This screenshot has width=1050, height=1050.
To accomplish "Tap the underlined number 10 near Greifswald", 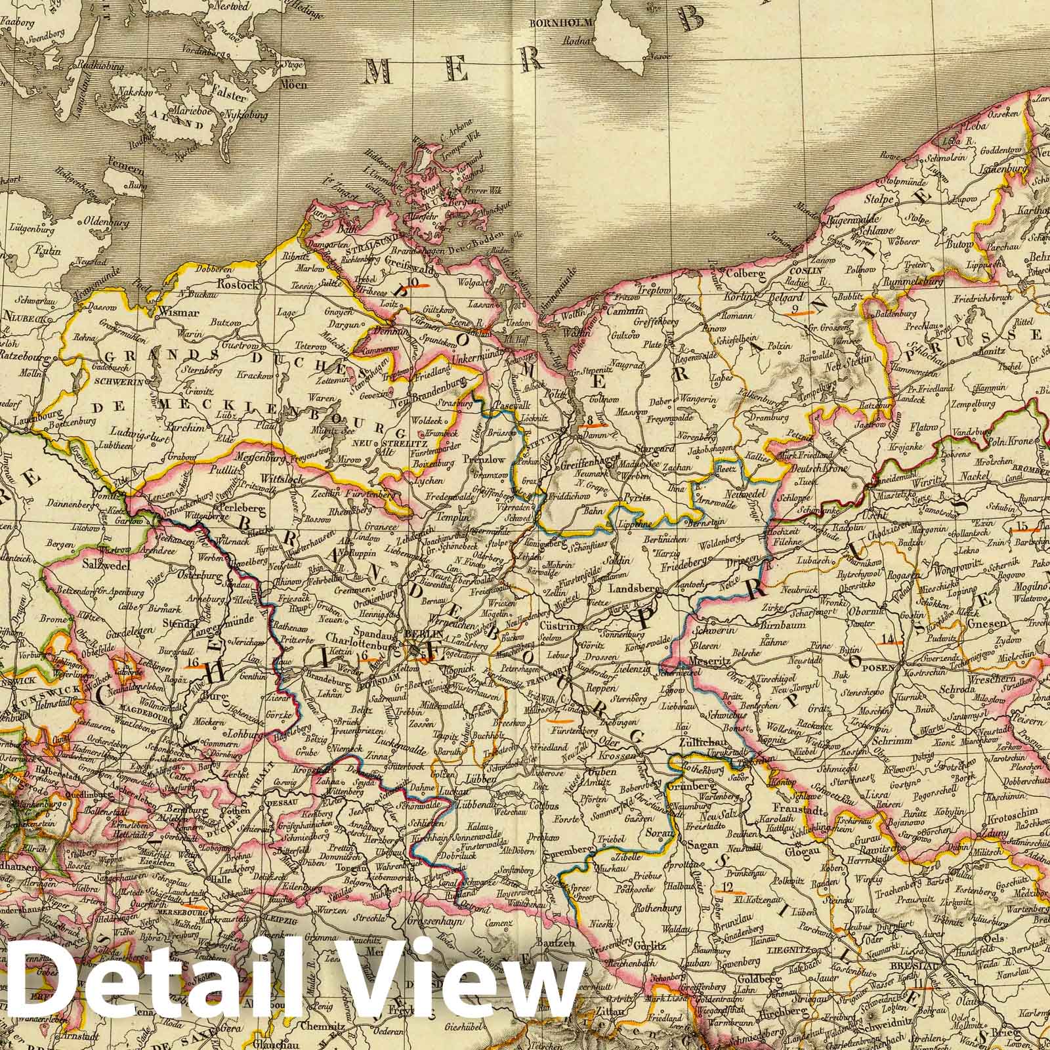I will (413, 283).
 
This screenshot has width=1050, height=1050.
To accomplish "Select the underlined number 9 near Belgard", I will (796, 309).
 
